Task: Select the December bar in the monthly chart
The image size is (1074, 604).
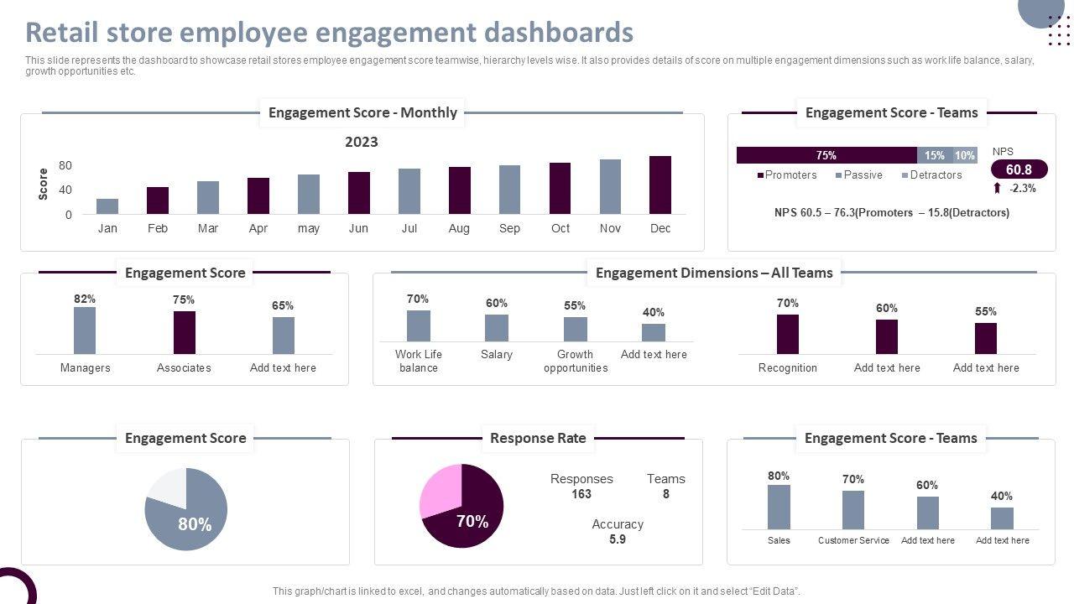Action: (x=660, y=185)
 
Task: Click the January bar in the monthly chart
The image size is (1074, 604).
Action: (x=107, y=206)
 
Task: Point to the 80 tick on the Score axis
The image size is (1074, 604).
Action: (x=65, y=165)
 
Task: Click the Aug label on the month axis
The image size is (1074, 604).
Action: (x=459, y=228)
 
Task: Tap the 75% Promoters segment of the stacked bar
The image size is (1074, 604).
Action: (x=826, y=155)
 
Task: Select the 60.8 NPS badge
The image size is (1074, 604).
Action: (x=1019, y=169)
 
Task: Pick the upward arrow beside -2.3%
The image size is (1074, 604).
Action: (x=997, y=189)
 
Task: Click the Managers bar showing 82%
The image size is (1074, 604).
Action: (x=85, y=331)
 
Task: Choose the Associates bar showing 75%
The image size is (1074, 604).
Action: (x=185, y=333)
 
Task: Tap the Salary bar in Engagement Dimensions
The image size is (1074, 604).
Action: (x=497, y=328)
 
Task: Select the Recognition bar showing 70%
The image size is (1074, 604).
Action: (x=788, y=335)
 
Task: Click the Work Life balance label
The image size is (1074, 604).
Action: (x=419, y=361)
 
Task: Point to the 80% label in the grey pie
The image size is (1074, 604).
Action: (x=195, y=524)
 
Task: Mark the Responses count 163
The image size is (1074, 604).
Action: (x=581, y=494)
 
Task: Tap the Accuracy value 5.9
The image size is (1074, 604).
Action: (x=618, y=539)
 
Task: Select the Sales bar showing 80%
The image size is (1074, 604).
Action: (x=779, y=507)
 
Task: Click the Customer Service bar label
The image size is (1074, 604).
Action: (x=853, y=540)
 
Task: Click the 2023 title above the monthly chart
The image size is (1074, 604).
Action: (x=362, y=142)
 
